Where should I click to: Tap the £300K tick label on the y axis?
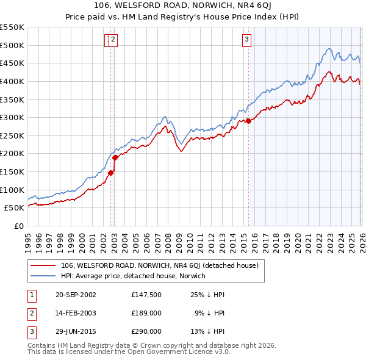pyautogui.click(x=12, y=117)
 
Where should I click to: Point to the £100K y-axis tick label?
pyautogui.click(x=12, y=190)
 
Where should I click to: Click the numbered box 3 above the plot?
pyautogui.click(x=247, y=40)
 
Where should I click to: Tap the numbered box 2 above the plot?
pyautogui.click(x=114, y=40)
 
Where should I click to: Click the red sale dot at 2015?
pyautogui.click(x=248, y=121)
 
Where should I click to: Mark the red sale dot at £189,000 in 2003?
pyautogui.click(x=115, y=157)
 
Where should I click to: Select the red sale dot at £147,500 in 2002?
pyautogui.click(x=110, y=173)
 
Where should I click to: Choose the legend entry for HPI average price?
pyautogui.click(x=133, y=276)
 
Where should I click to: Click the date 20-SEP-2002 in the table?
pyautogui.click(x=75, y=295)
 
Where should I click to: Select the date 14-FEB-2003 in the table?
pyautogui.click(x=75, y=313)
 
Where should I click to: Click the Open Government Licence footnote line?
pyautogui.click(x=129, y=352)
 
